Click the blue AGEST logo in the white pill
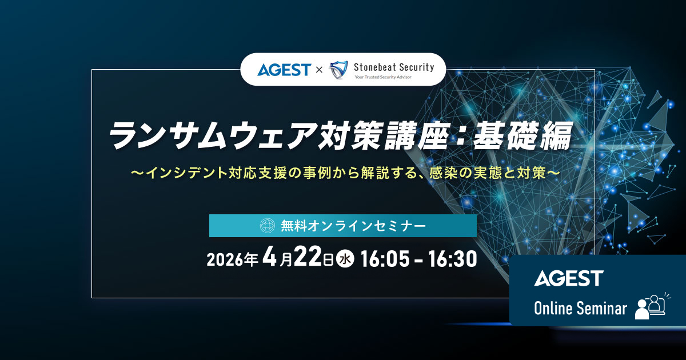(x=284, y=70)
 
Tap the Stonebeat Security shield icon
(x=339, y=70)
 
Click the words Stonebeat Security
(x=394, y=67)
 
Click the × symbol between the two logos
(x=320, y=70)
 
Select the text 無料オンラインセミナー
(x=353, y=226)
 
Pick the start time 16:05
(x=385, y=259)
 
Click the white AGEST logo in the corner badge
(x=569, y=278)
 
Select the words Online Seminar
(x=580, y=309)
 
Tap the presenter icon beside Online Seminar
(x=651, y=307)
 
